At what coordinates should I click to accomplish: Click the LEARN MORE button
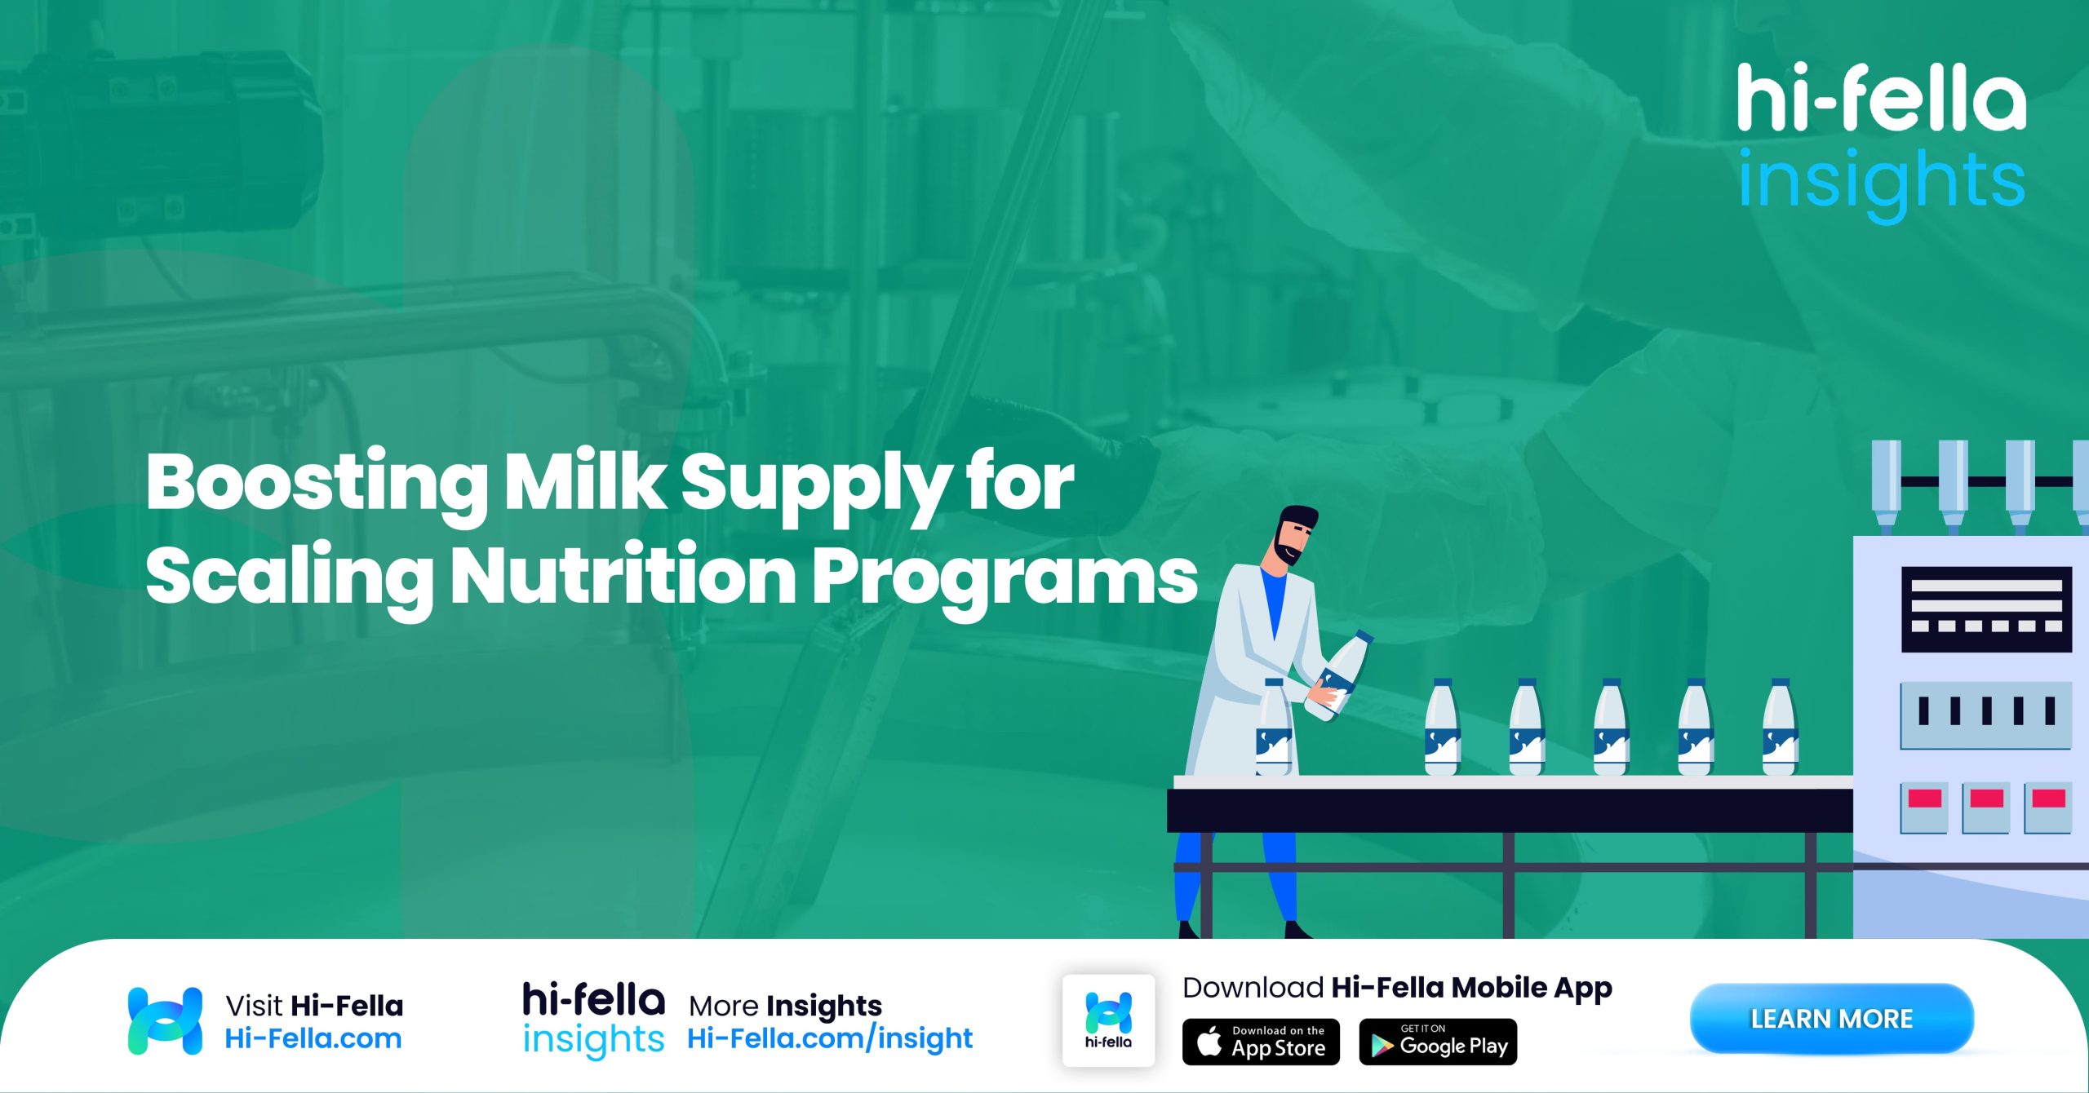(1831, 1018)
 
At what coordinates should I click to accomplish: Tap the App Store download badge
(1261, 1042)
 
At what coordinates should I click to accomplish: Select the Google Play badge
(1438, 1042)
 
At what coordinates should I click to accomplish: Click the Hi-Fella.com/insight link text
(830, 1038)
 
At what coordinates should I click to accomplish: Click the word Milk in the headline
(585, 483)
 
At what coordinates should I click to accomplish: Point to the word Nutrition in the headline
(623, 576)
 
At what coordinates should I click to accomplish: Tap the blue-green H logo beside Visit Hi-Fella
(165, 1020)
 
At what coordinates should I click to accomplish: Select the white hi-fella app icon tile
(1108, 1020)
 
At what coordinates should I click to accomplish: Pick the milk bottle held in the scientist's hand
(1340, 675)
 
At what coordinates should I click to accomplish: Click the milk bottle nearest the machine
(1780, 728)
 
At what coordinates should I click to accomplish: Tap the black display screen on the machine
(1986, 608)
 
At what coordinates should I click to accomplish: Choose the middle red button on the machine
(1986, 799)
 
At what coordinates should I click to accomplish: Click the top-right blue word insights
(1882, 181)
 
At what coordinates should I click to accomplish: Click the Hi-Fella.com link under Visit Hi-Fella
(313, 1038)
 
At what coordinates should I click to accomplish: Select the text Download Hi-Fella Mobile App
(1397, 988)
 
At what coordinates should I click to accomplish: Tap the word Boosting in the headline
(317, 483)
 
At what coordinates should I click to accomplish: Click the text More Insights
(785, 1006)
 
